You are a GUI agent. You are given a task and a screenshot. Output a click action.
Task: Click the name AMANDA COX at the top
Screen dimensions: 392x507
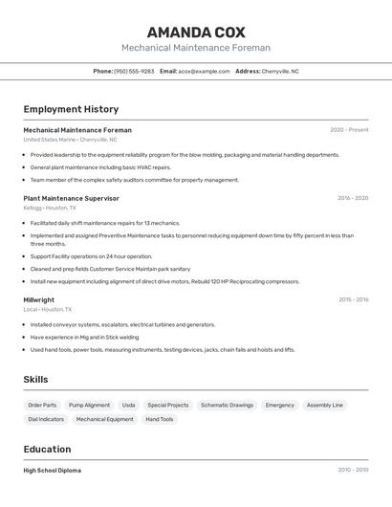coord(196,33)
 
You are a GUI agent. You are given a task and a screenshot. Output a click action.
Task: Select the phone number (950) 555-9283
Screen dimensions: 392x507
coord(134,71)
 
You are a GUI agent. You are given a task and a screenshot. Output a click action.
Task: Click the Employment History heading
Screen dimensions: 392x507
coord(71,109)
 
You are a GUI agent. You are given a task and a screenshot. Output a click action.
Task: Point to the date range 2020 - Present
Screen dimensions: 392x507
coord(349,130)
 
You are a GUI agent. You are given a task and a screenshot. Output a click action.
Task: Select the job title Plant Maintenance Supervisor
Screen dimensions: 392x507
coord(71,198)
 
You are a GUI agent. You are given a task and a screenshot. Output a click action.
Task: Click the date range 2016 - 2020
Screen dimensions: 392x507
coord(353,198)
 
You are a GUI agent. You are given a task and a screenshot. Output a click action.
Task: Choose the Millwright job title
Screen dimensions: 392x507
coord(39,299)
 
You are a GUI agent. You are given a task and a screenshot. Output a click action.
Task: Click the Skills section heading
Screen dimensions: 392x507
coord(35,380)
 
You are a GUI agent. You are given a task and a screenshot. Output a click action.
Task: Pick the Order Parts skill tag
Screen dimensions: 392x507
coord(42,405)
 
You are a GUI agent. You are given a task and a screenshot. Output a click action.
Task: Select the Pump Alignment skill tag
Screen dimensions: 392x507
coord(89,405)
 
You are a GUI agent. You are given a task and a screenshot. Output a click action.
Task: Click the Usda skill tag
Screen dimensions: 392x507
coord(128,405)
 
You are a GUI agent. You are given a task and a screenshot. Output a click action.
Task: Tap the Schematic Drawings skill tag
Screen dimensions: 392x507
coord(227,405)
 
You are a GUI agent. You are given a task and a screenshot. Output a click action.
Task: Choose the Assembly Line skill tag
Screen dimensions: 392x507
coord(324,405)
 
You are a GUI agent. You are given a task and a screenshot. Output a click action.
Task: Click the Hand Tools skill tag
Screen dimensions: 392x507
coord(160,419)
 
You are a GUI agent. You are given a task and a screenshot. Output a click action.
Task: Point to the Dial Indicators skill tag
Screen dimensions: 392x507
coord(46,419)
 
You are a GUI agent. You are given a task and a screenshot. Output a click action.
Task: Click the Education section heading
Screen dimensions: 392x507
coord(47,449)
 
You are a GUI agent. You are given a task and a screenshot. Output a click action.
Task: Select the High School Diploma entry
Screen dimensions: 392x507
coord(53,471)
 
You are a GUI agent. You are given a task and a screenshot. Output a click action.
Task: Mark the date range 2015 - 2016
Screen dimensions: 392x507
coord(353,299)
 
